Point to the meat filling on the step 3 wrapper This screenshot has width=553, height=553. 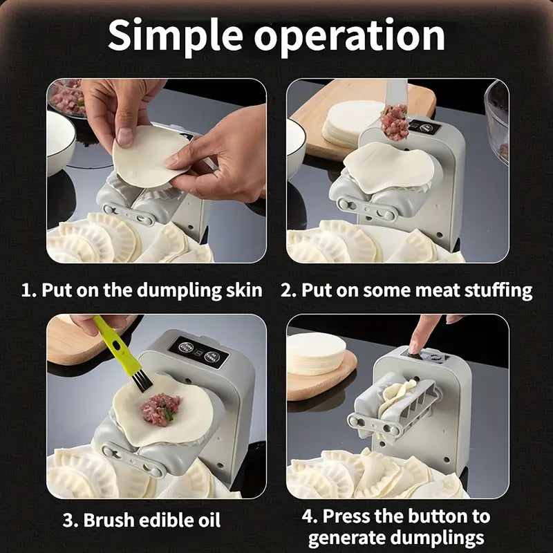pyautogui.click(x=160, y=409)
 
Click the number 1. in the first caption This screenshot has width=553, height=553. pyautogui.click(x=29, y=290)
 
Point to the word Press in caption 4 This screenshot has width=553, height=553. pyautogui.click(x=350, y=516)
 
